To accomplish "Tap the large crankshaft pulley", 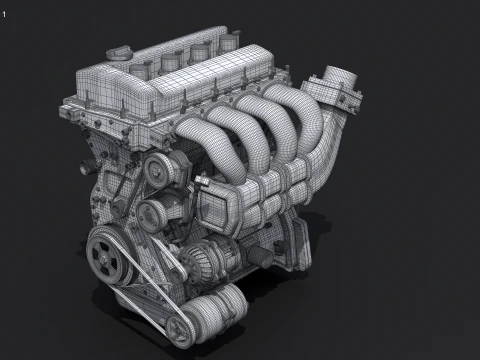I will click(x=108, y=256).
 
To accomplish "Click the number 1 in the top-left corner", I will click(x=4, y=13).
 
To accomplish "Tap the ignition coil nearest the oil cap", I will click(x=161, y=51).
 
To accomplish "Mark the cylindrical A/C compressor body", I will click(x=215, y=306).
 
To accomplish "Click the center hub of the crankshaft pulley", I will click(x=106, y=257).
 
